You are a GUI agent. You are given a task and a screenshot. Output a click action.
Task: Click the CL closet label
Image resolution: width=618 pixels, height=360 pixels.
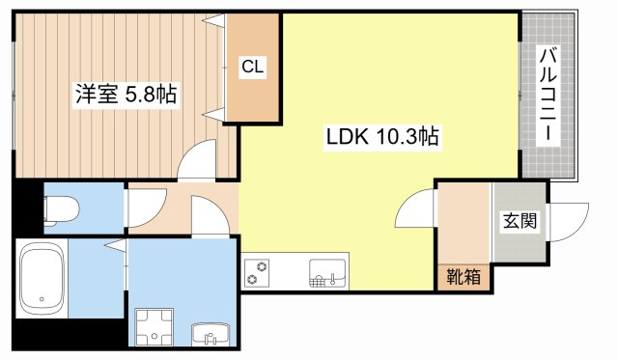point(252,67)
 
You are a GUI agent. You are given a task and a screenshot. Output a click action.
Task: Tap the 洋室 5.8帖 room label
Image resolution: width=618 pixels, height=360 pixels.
point(126,95)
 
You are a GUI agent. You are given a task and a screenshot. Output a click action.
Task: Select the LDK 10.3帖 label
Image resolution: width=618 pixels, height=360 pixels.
point(382,137)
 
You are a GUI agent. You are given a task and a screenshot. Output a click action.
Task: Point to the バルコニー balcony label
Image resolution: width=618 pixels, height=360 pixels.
point(548,95)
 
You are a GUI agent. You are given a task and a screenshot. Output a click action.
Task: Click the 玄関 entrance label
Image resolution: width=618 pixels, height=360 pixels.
point(520,221)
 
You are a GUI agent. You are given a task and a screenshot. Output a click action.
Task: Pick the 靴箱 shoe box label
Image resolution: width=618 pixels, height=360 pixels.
point(463,277)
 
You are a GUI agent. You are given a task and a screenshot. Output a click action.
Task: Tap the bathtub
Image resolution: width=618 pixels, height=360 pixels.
point(42,279)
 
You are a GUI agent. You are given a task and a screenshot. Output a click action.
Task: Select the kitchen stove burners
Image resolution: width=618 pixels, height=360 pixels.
point(257,273)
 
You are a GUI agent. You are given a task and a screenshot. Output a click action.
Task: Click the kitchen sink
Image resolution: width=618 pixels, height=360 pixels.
point(327,273)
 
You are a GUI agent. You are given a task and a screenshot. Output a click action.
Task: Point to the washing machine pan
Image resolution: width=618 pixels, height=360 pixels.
point(154,327)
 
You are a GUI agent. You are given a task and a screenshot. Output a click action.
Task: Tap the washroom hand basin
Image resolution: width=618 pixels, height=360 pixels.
point(211,335)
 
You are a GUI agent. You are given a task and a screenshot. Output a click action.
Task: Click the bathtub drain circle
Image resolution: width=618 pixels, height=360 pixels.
point(42,299)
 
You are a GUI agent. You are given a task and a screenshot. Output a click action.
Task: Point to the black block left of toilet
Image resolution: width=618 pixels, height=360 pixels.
point(28,208)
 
